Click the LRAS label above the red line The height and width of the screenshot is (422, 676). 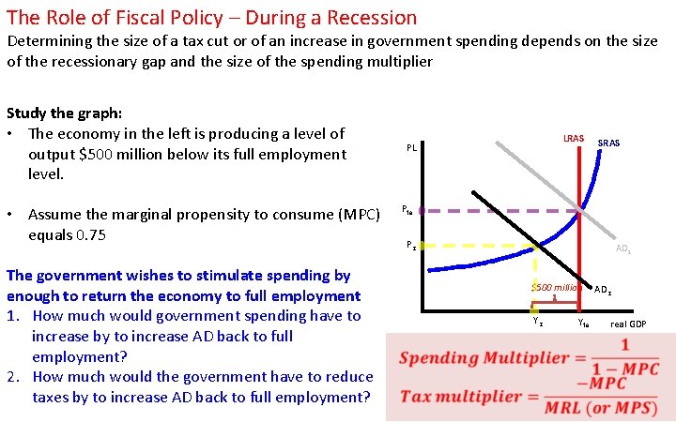573,139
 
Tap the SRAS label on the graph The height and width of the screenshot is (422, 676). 609,143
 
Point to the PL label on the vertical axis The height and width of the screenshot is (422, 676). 411,148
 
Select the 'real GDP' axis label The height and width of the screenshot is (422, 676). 628,324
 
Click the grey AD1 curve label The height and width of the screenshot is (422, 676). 622,249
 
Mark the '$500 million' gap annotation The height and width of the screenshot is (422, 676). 554,287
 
